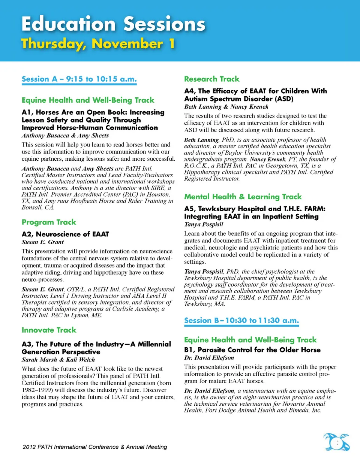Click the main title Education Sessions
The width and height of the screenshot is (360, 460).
pos(113,24)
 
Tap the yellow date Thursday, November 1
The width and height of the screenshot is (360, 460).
pos(98,44)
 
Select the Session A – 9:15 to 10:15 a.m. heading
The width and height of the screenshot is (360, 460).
pos(79,79)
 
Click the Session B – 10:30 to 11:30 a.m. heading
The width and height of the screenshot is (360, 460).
pos(241,320)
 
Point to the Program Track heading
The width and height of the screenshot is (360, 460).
pos(49,222)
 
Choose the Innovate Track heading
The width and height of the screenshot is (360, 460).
pos(49,330)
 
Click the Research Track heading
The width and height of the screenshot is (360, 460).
pos(211,79)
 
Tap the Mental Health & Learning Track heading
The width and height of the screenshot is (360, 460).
pos(243,197)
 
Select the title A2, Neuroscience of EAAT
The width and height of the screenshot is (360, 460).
pos(65,234)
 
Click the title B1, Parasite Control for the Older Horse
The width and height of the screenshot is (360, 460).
pos(252,349)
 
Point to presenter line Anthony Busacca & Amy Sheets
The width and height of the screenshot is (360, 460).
pos(65,136)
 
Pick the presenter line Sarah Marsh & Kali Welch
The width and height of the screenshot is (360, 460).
pos(58,360)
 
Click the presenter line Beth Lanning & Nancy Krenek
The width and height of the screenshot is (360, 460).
pos(226,107)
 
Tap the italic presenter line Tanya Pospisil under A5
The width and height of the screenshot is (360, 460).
pos(204,224)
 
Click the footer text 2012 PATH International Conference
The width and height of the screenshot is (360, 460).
pos(94,447)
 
